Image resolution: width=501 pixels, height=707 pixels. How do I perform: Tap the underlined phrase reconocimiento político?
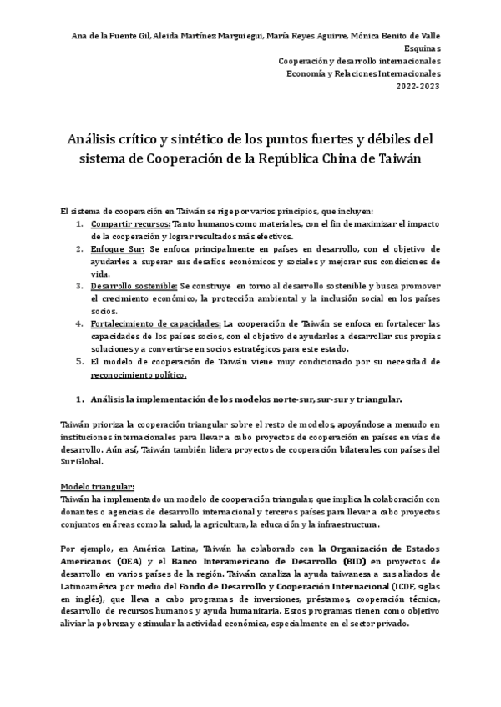(139, 374)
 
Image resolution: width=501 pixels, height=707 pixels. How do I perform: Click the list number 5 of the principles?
(80, 362)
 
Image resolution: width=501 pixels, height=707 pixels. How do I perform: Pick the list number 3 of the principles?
(80, 285)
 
